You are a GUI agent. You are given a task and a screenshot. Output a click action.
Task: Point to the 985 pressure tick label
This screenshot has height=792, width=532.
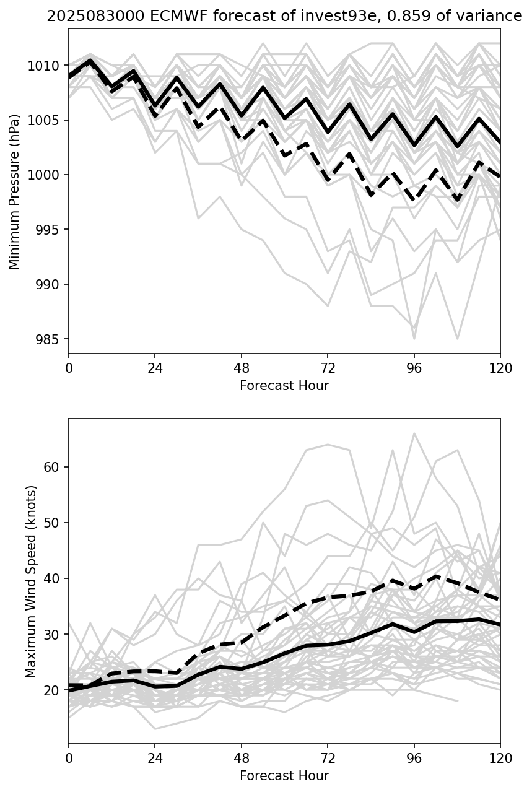click(x=48, y=339)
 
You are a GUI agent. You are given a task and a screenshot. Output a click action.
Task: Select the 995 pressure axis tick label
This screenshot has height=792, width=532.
click(x=48, y=230)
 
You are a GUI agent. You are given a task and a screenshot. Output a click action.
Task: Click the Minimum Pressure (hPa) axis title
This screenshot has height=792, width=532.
click(x=15, y=191)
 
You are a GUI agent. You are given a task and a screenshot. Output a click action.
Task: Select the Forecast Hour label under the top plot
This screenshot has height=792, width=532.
click(x=284, y=386)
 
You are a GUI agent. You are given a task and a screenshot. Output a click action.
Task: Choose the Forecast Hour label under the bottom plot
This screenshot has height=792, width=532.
click(x=284, y=776)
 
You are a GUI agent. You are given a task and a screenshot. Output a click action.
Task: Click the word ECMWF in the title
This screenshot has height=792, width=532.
click(x=155, y=17)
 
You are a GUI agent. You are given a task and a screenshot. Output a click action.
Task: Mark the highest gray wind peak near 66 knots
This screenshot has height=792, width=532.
click(x=414, y=433)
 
